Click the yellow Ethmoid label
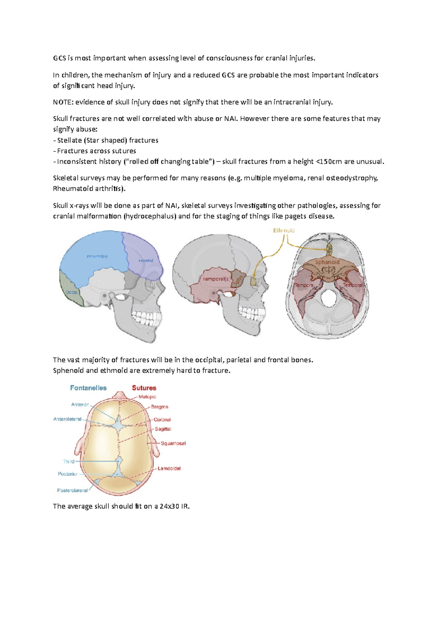point(284,230)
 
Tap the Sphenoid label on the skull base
point(327,262)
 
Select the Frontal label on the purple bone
point(146,261)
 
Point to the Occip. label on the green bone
point(72,292)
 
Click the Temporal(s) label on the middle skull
point(216,279)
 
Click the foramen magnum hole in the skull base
point(328,299)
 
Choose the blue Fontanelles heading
point(88,388)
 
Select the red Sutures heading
point(144,388)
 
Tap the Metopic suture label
point(147,397)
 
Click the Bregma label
point(160,407)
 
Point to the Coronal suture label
point(162,420)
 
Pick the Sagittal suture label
point(163,429)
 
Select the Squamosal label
point(173,443)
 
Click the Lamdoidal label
point(169,468)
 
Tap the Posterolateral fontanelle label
point(72,490)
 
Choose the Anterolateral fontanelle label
point(67,419)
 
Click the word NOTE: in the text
point(63,102)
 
